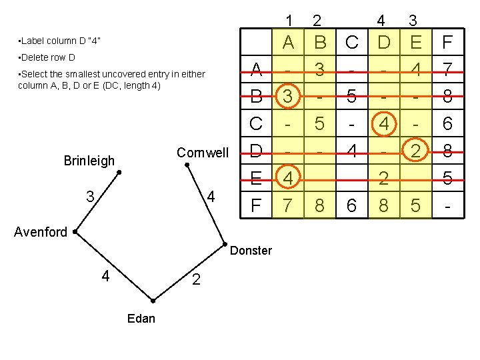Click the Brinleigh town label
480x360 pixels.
point(89,161)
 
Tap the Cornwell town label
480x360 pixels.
point(202,153)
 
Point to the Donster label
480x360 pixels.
point(251,251)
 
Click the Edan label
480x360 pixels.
point(141,318)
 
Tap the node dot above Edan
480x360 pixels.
point(153,301)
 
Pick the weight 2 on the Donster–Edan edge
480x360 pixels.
point(196,280)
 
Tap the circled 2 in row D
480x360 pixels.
point(415,151)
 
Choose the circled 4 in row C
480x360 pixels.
point(383,123)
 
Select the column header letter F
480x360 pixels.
point(447,43)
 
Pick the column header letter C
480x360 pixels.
point(352,43)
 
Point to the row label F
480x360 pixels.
point(255,205)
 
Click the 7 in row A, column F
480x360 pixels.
point(447,69)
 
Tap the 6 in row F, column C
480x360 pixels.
point(352,205)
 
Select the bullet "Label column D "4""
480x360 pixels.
point(60,41)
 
